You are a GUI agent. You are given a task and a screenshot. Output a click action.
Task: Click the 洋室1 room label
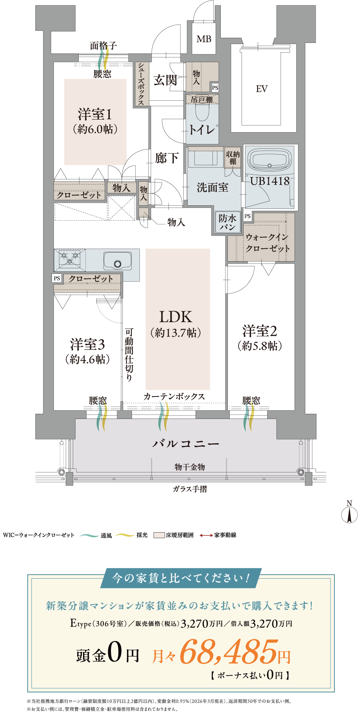point(95,114)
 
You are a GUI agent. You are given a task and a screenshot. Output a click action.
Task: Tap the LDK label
point(175,317)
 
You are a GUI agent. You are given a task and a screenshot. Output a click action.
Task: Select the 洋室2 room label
point(260,331)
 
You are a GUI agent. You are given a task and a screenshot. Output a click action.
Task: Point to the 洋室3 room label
point(87,345)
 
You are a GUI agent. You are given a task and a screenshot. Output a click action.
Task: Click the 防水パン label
point(227,222)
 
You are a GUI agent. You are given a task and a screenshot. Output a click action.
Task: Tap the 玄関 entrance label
point(165,80)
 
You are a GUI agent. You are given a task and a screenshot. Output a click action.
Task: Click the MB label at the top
point(204,39)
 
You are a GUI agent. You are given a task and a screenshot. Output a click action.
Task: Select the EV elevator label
point(262,89)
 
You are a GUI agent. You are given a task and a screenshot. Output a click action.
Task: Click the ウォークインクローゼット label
point(268,243)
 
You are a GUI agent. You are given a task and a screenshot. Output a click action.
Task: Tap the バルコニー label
point(186,444)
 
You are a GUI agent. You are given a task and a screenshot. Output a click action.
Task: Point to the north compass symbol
point(349,513)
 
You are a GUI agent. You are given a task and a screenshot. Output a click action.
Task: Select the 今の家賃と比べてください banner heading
point(181,578)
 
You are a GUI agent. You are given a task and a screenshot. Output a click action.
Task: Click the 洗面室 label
point(212,188)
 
